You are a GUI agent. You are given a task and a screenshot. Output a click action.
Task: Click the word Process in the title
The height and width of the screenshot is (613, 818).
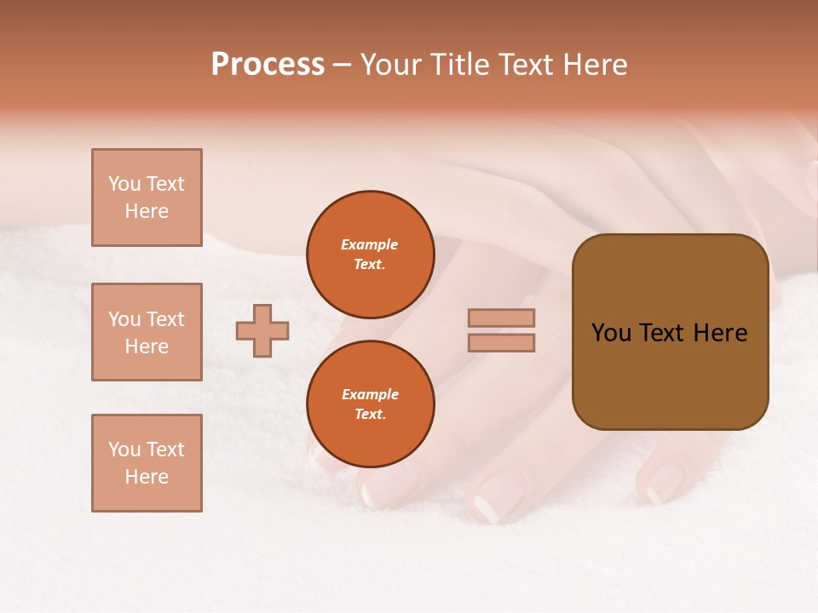(x=268, y=65)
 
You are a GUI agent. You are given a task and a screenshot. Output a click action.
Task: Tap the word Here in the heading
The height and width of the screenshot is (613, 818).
(x=590, y=65)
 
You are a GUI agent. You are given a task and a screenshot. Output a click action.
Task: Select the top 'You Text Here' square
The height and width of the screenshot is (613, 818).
(x=147, y=198)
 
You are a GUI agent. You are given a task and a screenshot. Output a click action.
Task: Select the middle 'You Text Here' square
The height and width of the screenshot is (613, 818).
(x=147, y=332)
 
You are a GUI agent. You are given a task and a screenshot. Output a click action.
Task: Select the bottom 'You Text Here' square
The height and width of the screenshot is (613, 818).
(x=147, y=463)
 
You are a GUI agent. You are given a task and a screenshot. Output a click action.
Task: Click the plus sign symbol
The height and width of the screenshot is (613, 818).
(x=262, y=330)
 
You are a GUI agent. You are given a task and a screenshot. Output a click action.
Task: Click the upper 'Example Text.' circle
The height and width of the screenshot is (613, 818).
(x=370, y=254)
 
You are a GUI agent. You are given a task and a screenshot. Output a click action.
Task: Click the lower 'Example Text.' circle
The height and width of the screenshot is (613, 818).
(x=370, y=404)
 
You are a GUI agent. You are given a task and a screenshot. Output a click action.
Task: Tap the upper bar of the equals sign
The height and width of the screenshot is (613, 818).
(x=501, y=318)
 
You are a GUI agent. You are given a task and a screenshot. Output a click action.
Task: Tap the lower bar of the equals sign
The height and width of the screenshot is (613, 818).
(x=501, y=342)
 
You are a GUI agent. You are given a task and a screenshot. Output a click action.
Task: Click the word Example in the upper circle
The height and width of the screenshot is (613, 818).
(x=370, y=244)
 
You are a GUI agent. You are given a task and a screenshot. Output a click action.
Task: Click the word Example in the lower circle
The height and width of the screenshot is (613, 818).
(x=370, y=394)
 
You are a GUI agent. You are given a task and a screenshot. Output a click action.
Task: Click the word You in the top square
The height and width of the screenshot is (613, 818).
(x=124, y=184)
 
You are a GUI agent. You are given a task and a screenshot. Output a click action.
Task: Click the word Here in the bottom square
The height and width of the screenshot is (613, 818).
(x=147, y=477)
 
